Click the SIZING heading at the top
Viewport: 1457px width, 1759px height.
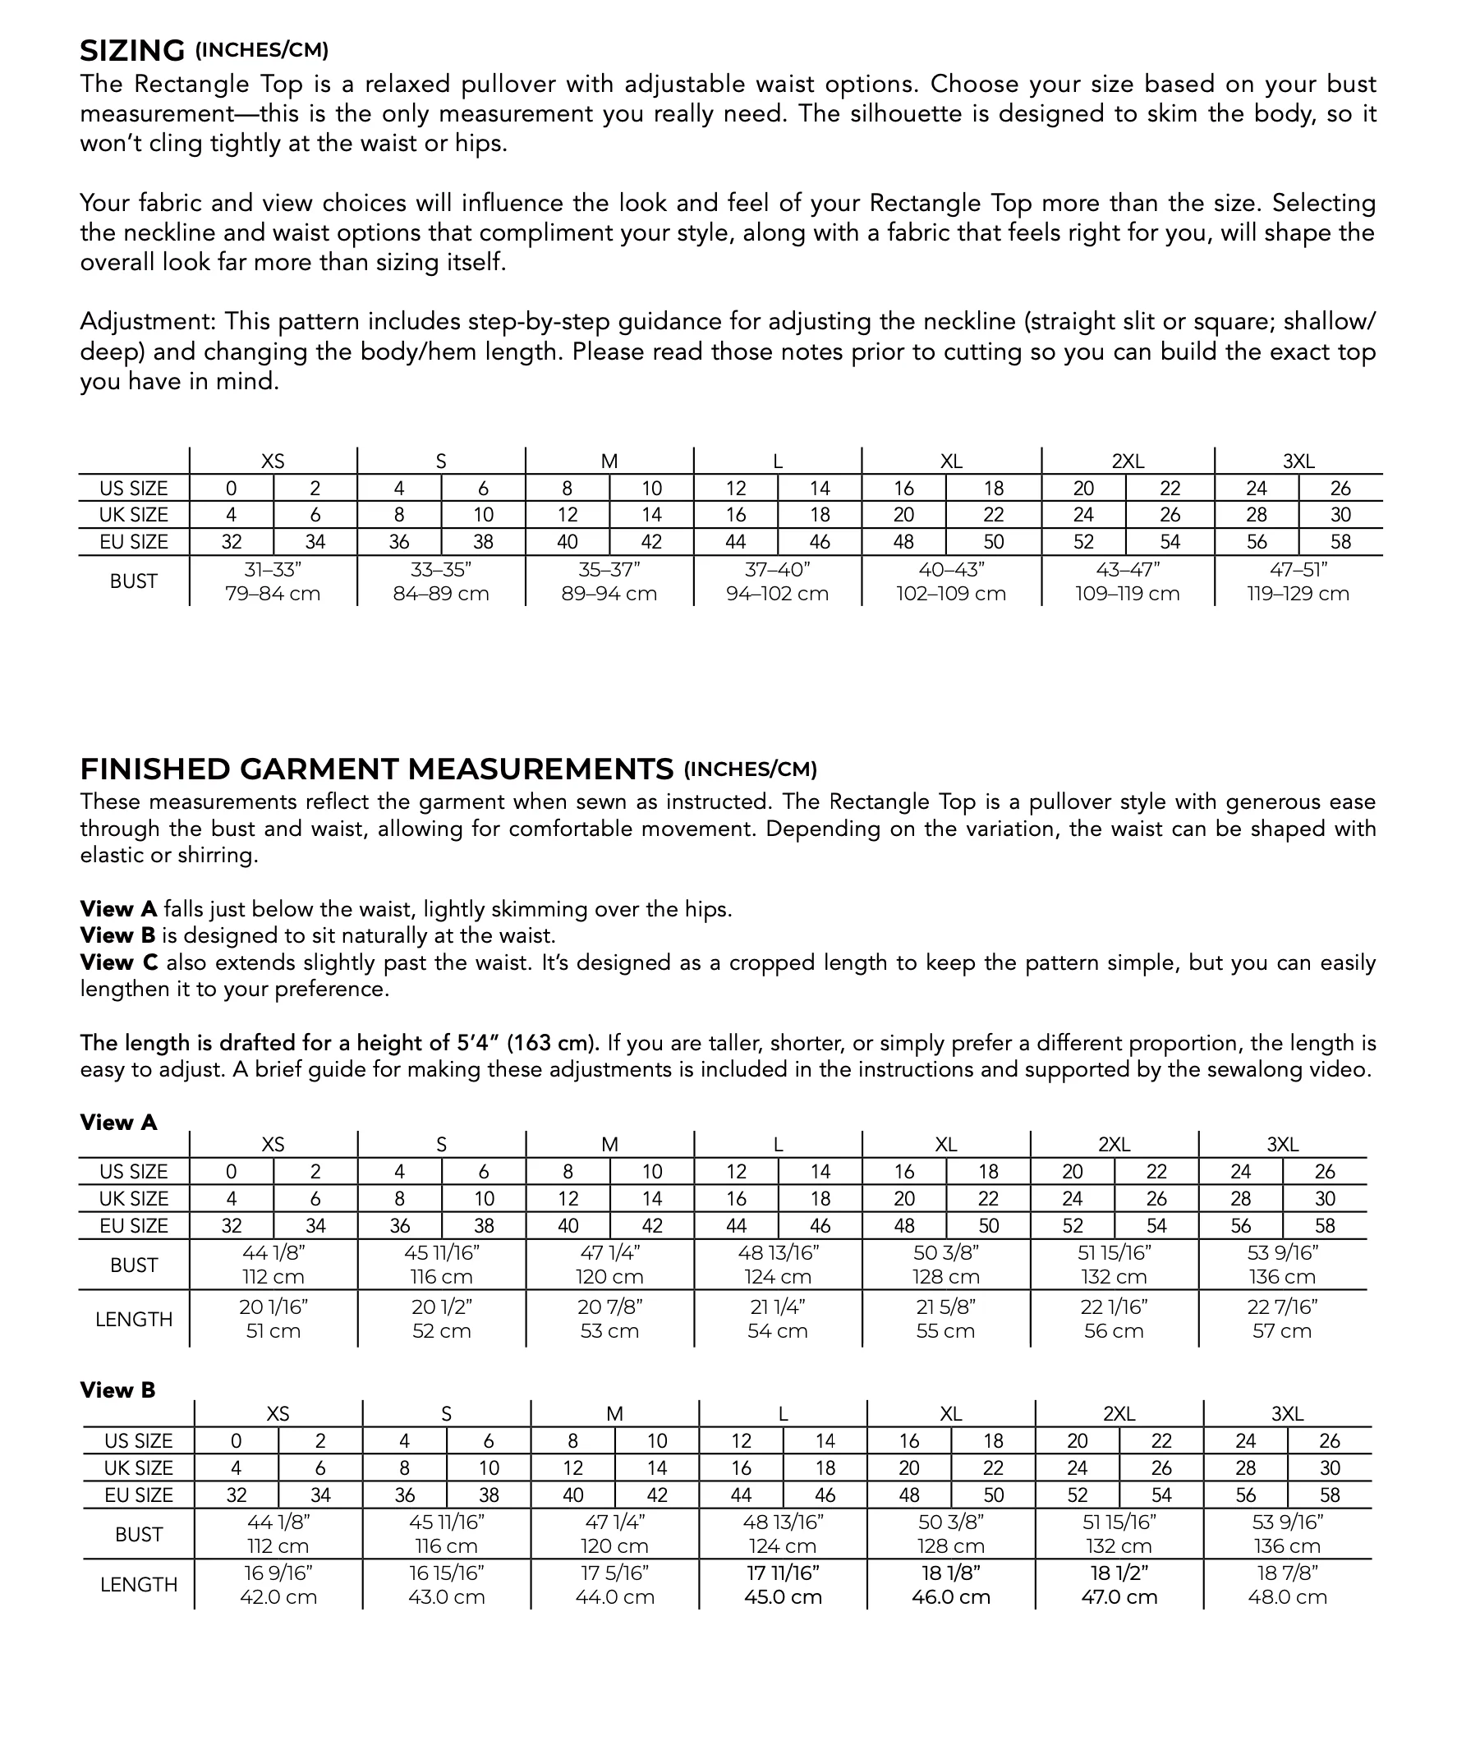click(x=131, y=51)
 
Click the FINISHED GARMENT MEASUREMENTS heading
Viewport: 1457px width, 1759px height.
click(x=376, y=769)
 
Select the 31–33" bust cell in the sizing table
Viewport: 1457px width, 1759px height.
click(x=273, y=581)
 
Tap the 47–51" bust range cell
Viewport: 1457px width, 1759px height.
click(x=1298, y=581)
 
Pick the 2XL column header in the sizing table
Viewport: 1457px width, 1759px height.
click(x=1128, y=462)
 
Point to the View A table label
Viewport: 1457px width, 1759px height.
click(x=118, y=1123)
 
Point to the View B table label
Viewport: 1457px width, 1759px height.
click(x=117, y=1390)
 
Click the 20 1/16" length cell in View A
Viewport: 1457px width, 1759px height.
click(x=273, y=1318)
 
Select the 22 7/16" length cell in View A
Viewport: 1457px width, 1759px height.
click(x=1282, y=1318)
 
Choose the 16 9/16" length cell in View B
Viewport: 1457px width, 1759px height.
click(x=278, y=1585)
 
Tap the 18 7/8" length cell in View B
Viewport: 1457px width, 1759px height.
click(x=1287, y=1585)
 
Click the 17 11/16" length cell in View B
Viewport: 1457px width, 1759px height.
click(x=783, y=1585)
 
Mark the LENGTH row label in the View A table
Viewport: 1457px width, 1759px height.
click(x=134, y=1319)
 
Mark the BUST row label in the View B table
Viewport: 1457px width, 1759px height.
click(x=139, y=1535)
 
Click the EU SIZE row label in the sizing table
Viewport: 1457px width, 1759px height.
click(x=134, y=542)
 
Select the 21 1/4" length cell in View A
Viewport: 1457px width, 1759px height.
click(x=778, y=1318)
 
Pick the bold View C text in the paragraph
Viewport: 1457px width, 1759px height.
click(x=118, y=962)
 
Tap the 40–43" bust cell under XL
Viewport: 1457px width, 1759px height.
click(x=951, y=581)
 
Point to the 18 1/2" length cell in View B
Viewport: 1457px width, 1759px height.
click(x=1119, y=1585)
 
